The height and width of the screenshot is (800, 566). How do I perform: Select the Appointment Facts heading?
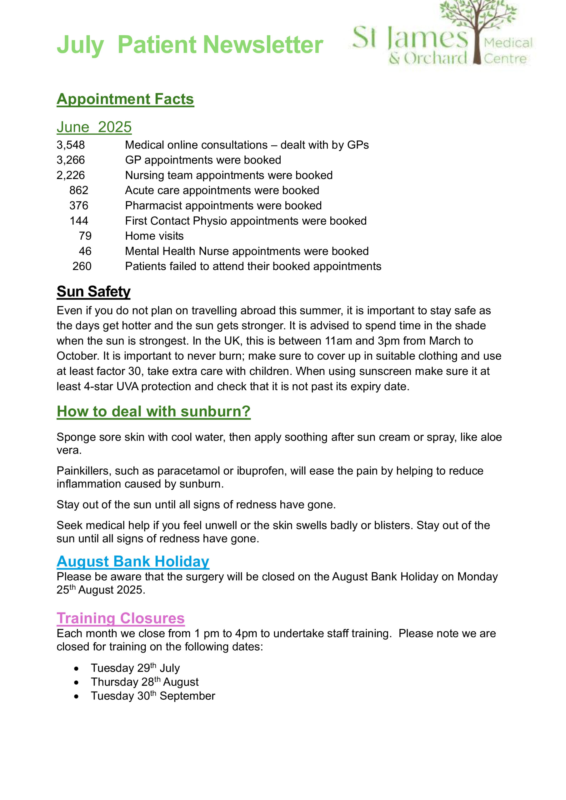point(125,99)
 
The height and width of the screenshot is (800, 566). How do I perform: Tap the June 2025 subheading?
point(94,127)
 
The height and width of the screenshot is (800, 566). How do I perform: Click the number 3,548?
point(71,145)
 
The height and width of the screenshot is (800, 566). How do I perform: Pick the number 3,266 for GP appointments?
point(71,160)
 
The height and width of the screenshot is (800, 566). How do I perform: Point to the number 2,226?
point(71,175)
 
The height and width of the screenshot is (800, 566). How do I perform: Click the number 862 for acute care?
point(79,190)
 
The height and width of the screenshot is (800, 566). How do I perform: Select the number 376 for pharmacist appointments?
point(79,206)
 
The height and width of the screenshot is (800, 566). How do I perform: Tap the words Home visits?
point(154,236)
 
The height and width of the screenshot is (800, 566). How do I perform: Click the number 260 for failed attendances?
point(82,266)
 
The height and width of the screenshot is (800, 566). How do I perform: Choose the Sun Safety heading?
point(93,292)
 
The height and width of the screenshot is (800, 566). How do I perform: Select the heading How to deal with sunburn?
point(153,412)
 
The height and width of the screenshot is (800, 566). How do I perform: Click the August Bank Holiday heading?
point(133,562)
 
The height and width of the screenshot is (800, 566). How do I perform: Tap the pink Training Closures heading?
point(121,618)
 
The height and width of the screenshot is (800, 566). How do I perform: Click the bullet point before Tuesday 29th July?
point(76,669)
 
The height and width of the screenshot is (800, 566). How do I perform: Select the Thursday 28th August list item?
point(145,682)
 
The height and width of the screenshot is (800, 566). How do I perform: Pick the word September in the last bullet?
point(187,696)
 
